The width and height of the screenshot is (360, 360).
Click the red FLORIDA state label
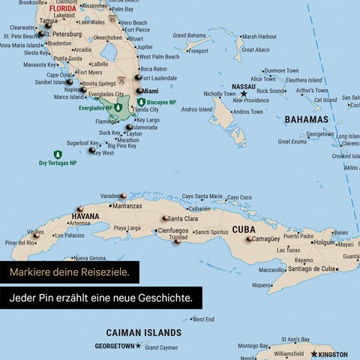point(62,9)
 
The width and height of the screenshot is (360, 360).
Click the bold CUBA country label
point(243,229)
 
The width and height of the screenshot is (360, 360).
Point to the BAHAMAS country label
point(306,119)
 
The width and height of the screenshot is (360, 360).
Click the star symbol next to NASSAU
point(244,94)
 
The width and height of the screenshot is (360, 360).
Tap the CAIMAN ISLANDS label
point(143,331)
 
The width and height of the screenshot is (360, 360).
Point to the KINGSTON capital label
point(331,354)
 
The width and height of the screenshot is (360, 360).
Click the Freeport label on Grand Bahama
point(198,52)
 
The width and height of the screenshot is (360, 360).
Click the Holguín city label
point(325,242)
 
